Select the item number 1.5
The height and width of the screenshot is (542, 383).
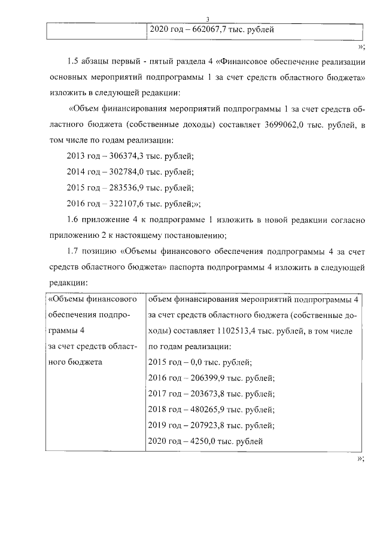pos(74,62)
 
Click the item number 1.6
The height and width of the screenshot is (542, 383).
pos(74,219)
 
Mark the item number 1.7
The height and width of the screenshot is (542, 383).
pos(74,250)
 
